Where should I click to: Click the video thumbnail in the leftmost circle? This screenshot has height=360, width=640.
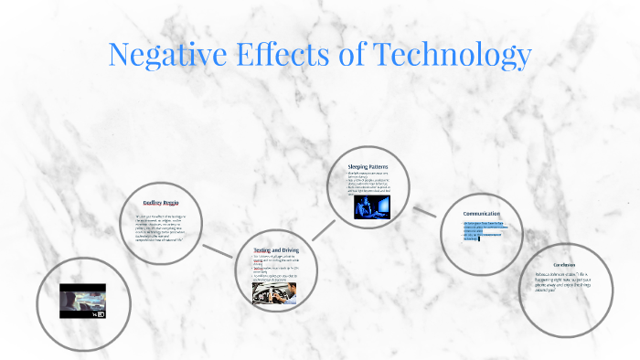pyautogui.click(x=82, y=301)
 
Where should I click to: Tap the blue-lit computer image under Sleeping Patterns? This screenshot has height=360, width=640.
pyautogui.click(x=372, y=207)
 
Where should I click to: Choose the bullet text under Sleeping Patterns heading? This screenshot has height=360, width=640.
pyautogui.click(x=373, y=183)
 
